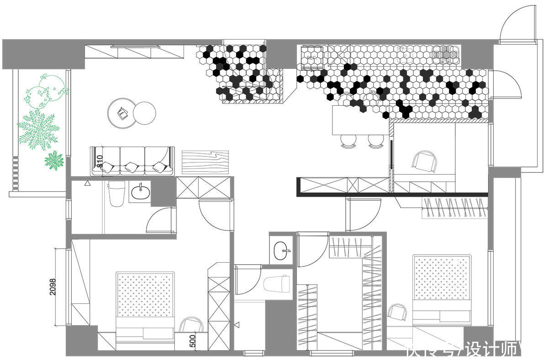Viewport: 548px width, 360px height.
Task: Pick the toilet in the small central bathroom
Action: (278, 283)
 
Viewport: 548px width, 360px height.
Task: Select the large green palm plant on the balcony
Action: (38, 129)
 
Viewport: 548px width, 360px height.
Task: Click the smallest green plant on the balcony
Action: (54, 161)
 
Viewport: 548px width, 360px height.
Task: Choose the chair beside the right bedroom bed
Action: (398, 314)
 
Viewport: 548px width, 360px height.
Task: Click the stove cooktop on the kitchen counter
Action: (445, 55)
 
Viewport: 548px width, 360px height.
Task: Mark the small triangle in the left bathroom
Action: (87, 183)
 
